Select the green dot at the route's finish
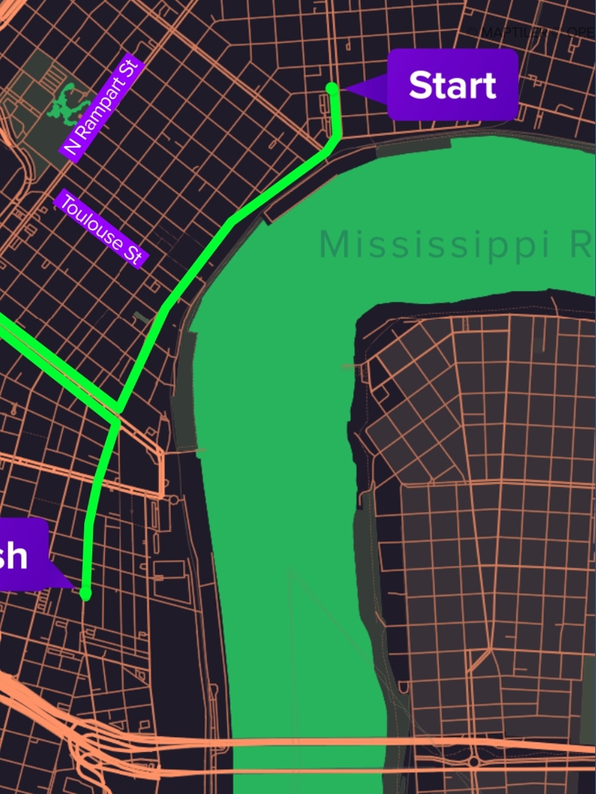coord(86,594)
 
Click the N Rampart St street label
coord(103,108)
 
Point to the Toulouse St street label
coord(100,229)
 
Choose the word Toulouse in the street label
coord(91,221)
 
